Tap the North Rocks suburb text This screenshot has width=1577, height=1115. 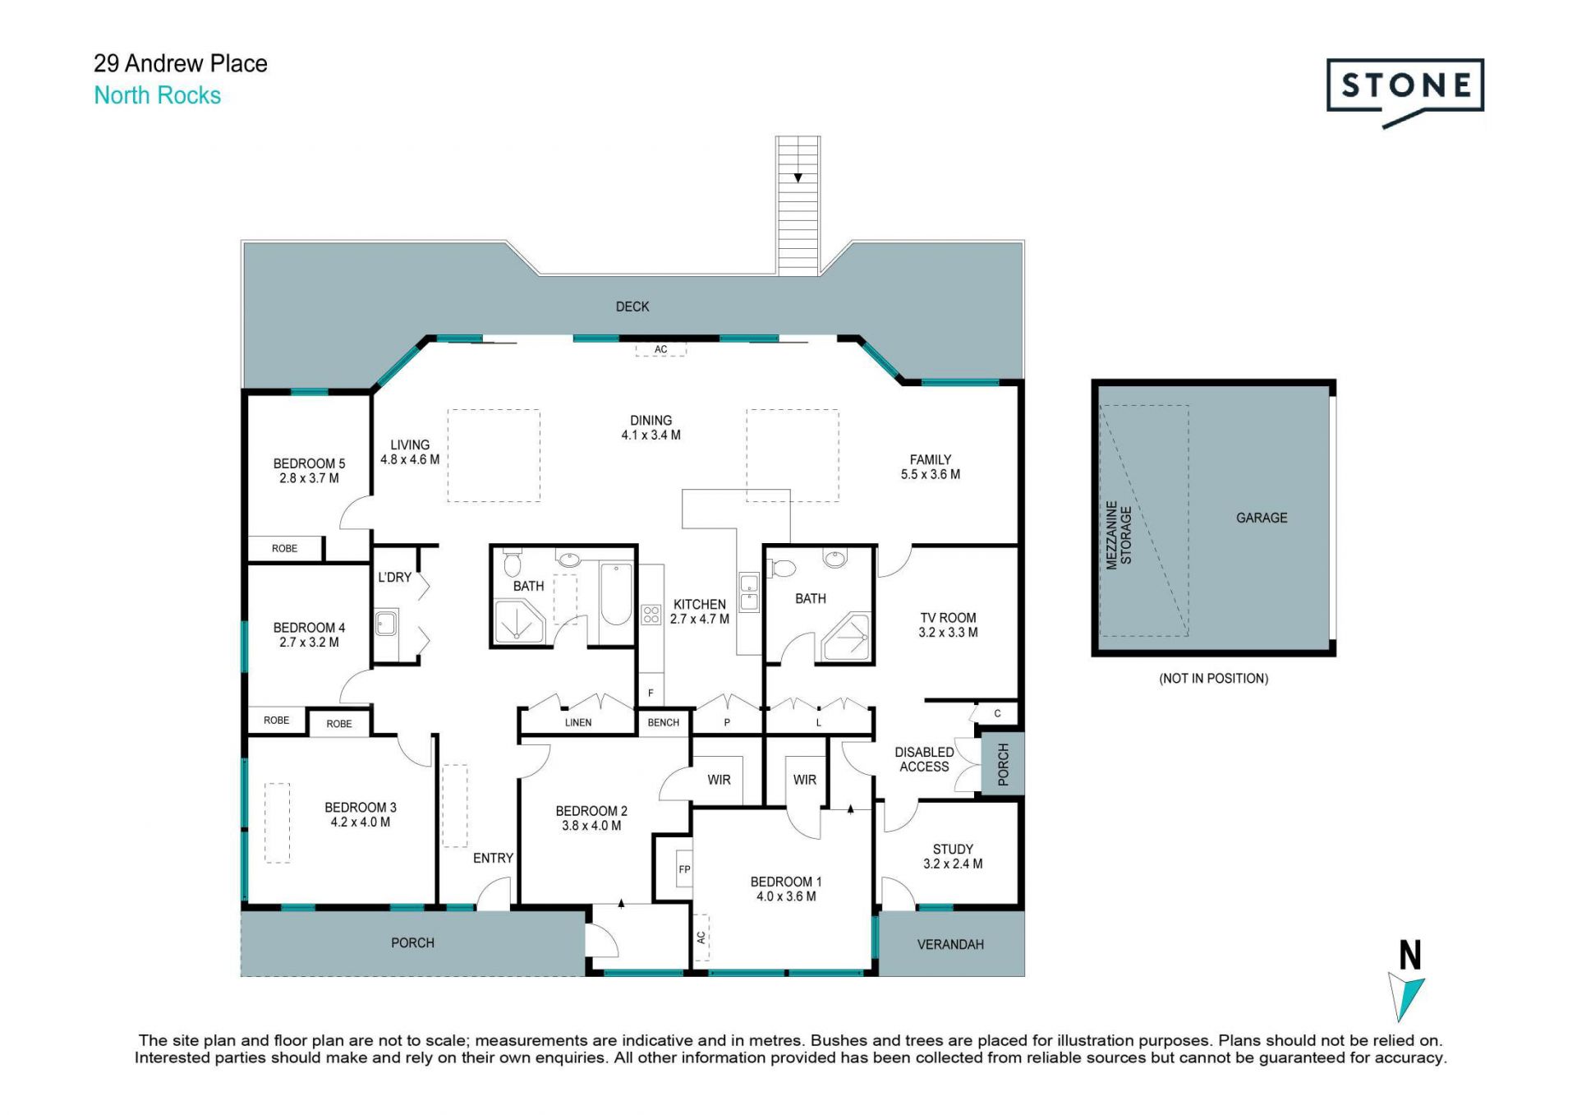click(x=158, y=95)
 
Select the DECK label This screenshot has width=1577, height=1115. click(x=632, y=306)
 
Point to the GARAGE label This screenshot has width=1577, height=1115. click(x=1262, y=518)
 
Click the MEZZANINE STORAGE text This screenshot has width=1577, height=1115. click(x=1119, y=535)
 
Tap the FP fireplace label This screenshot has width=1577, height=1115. click(x=684, y=869)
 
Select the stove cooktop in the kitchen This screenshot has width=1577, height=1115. click(x=651, y=615)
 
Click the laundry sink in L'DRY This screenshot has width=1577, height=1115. click(x=386, y=623)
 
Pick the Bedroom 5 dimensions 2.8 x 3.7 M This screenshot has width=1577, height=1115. click(x=309, y=478)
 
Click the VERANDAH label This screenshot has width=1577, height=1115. click(x=950, y=945)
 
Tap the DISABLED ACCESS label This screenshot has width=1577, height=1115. click(x=924, y=759)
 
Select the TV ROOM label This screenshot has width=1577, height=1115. click(x=948, y=618)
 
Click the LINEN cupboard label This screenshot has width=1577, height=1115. click(x=578, y=723)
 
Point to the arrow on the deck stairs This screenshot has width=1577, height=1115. click(x=798, y=177)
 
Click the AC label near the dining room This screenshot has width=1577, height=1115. click(x=660, y=349)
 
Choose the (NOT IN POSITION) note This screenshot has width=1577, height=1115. click(x=1214, y=679)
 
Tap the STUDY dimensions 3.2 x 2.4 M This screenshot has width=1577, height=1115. click(x=953, y=864)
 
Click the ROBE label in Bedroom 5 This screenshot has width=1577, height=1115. click(x=285, y=549)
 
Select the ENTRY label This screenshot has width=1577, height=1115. click(x=493, y=858)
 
